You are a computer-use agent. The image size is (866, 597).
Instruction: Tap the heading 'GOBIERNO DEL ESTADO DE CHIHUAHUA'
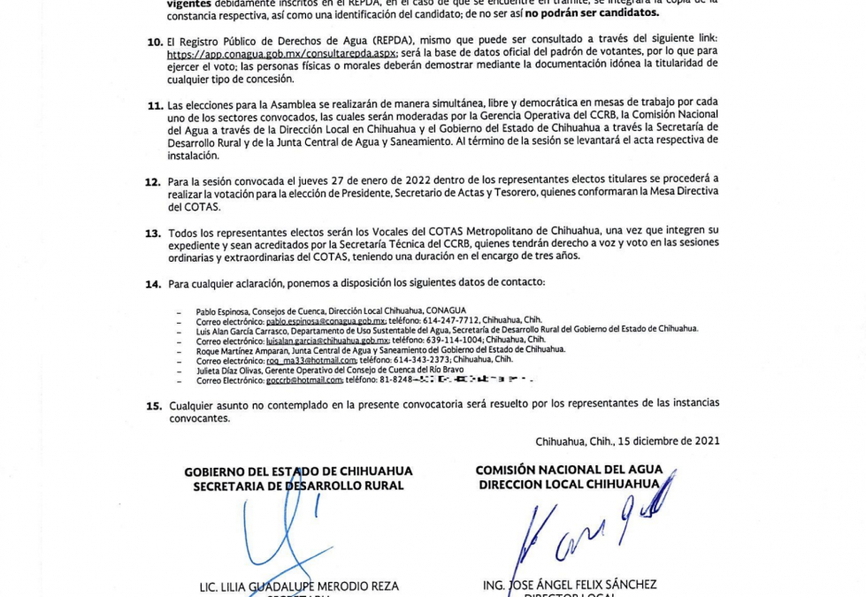[x=298, y=472]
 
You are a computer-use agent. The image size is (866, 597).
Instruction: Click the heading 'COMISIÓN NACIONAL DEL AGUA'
[x=566, y=471]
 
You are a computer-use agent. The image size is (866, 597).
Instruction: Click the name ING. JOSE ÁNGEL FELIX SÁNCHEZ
[x=570, y=586]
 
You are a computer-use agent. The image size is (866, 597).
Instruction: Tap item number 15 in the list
[x=154, y=405]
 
